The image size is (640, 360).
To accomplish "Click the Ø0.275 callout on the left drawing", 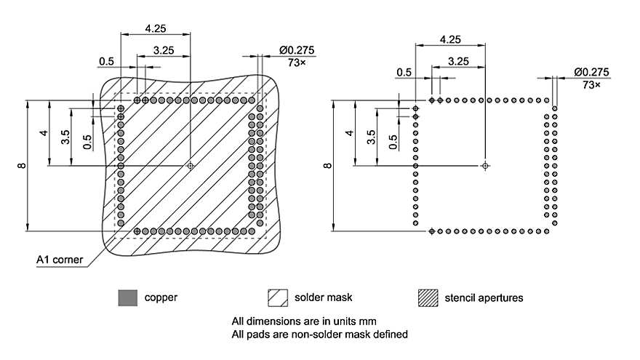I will click(296, 50).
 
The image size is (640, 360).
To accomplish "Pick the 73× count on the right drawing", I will click(592, 84).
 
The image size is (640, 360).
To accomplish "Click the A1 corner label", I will click(59, 259).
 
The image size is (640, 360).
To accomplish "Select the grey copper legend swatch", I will click(127, 298).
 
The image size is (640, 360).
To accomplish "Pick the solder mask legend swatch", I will click(278, 298).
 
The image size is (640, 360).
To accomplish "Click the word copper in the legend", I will click(161, 297).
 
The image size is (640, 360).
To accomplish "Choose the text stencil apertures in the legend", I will click(484, 297).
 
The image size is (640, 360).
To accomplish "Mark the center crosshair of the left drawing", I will click(191, 166).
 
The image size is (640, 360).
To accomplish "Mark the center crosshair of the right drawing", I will click(484, 166).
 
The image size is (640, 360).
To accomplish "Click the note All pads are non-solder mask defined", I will click(319, 335).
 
